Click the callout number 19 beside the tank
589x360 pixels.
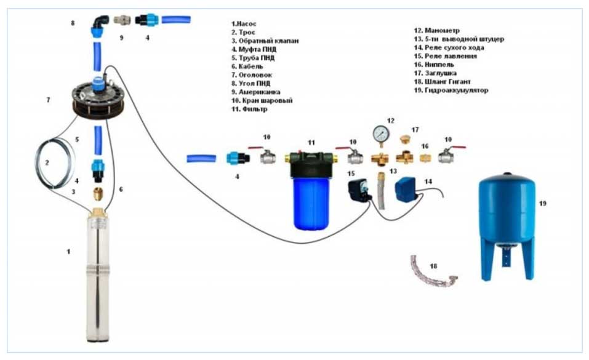pyautogui.click(x=542, y=203)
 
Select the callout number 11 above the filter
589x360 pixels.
pyautogui.click(x=311, y=142)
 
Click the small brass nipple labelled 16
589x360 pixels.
pyautogui.click(x=425, y=158)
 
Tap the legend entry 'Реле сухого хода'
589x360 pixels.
pyautogui.click(x=449, y=47)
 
